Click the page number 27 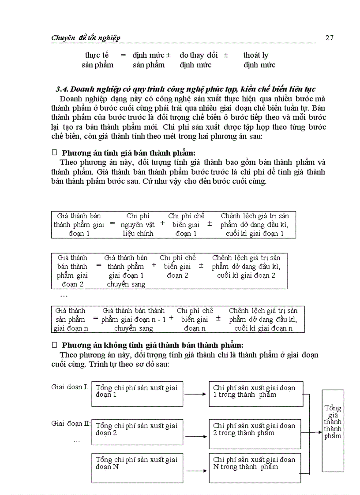pyautogui.click(x=329, y=37)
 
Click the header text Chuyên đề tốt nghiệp pyautogui.click(x=86, y=38)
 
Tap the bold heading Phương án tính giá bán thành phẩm pyautogui.click(x=128, y=153)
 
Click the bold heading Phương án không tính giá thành pyautogui.click(x=152, y=345)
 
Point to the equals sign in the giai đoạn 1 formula pyautogui.click(x=112, y=223)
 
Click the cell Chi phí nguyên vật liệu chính pyautogui.click(x=138, y=225)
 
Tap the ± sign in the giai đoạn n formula pyautogui.click(x=218, y=318)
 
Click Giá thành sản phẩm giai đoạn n pyautogui.click(x=71, y=319)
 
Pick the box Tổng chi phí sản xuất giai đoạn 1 pyautogui.click(x=137, y=394)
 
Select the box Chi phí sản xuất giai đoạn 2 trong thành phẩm pyautogui.click(x=255, y=434)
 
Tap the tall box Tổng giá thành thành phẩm pyautogui.click(x=333, y=430)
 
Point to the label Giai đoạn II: pyautogui.click(x=71, y=423)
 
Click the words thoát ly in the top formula pyautogui.click(x=255, y=55)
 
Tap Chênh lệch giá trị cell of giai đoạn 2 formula pyautogui.click(x=246, y=266)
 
